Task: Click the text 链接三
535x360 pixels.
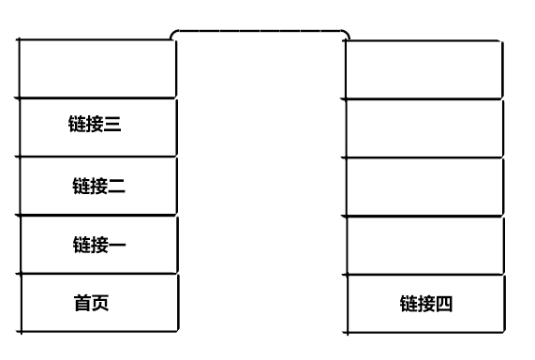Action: [95, 127]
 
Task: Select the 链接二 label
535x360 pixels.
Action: [98, 186]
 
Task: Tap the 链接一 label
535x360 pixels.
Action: [98, 245]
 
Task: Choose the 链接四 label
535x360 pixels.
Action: [426, 304]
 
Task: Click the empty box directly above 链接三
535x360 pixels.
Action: [97, 67]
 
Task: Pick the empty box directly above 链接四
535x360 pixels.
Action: [423, 245]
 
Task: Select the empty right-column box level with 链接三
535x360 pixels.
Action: [423, 127]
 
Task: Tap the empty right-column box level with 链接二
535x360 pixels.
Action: [423, 187]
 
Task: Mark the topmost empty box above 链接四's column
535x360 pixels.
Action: [423, 68]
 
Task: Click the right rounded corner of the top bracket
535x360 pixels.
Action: [346, 34]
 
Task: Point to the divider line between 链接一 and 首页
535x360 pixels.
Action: [97, 274]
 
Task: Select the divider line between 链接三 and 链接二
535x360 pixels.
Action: [97, 157]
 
